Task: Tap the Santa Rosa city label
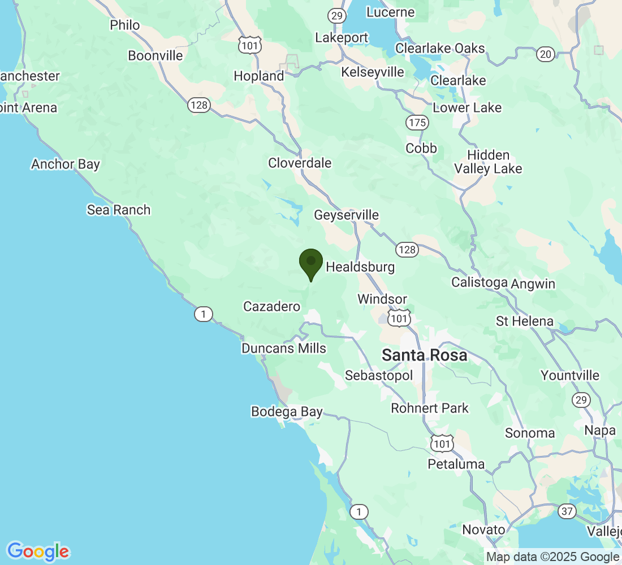pyautogui.click(x=425, y=355)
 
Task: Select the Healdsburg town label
pyautogui.click(x=360, y=267)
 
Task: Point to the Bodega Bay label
pyautogui.click(x=287, y=412)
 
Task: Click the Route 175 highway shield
pyautogui.click(x=417, y=123)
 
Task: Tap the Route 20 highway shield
pyautogui.click(x=546, y=54)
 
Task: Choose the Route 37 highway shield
pyautogui.click(x=567, y=511)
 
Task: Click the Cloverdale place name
pyautogui.click(x=300, y=163)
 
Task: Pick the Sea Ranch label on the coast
pyautogui.click(x=119, y=210)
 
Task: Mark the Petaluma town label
pyautogui.click(x=456, y=464)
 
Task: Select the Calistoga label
pyautogui.click(x=480, y=283)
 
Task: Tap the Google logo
pyautogui.click(x=38, y=551)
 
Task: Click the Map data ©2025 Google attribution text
pyautogui.click(x=552, y=557)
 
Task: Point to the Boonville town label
pyautogui.click(x=155, y=56)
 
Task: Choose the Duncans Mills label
pyautogui.click(x=284, y=348)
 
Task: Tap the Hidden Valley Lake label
pyautogui.click(x=488, y=162)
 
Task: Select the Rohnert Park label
pyautogui.click(x=430, y=408)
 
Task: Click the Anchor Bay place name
pyautogui.click(x=66, y=164)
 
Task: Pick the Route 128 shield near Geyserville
pyautogui.click(x=407, y=249)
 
